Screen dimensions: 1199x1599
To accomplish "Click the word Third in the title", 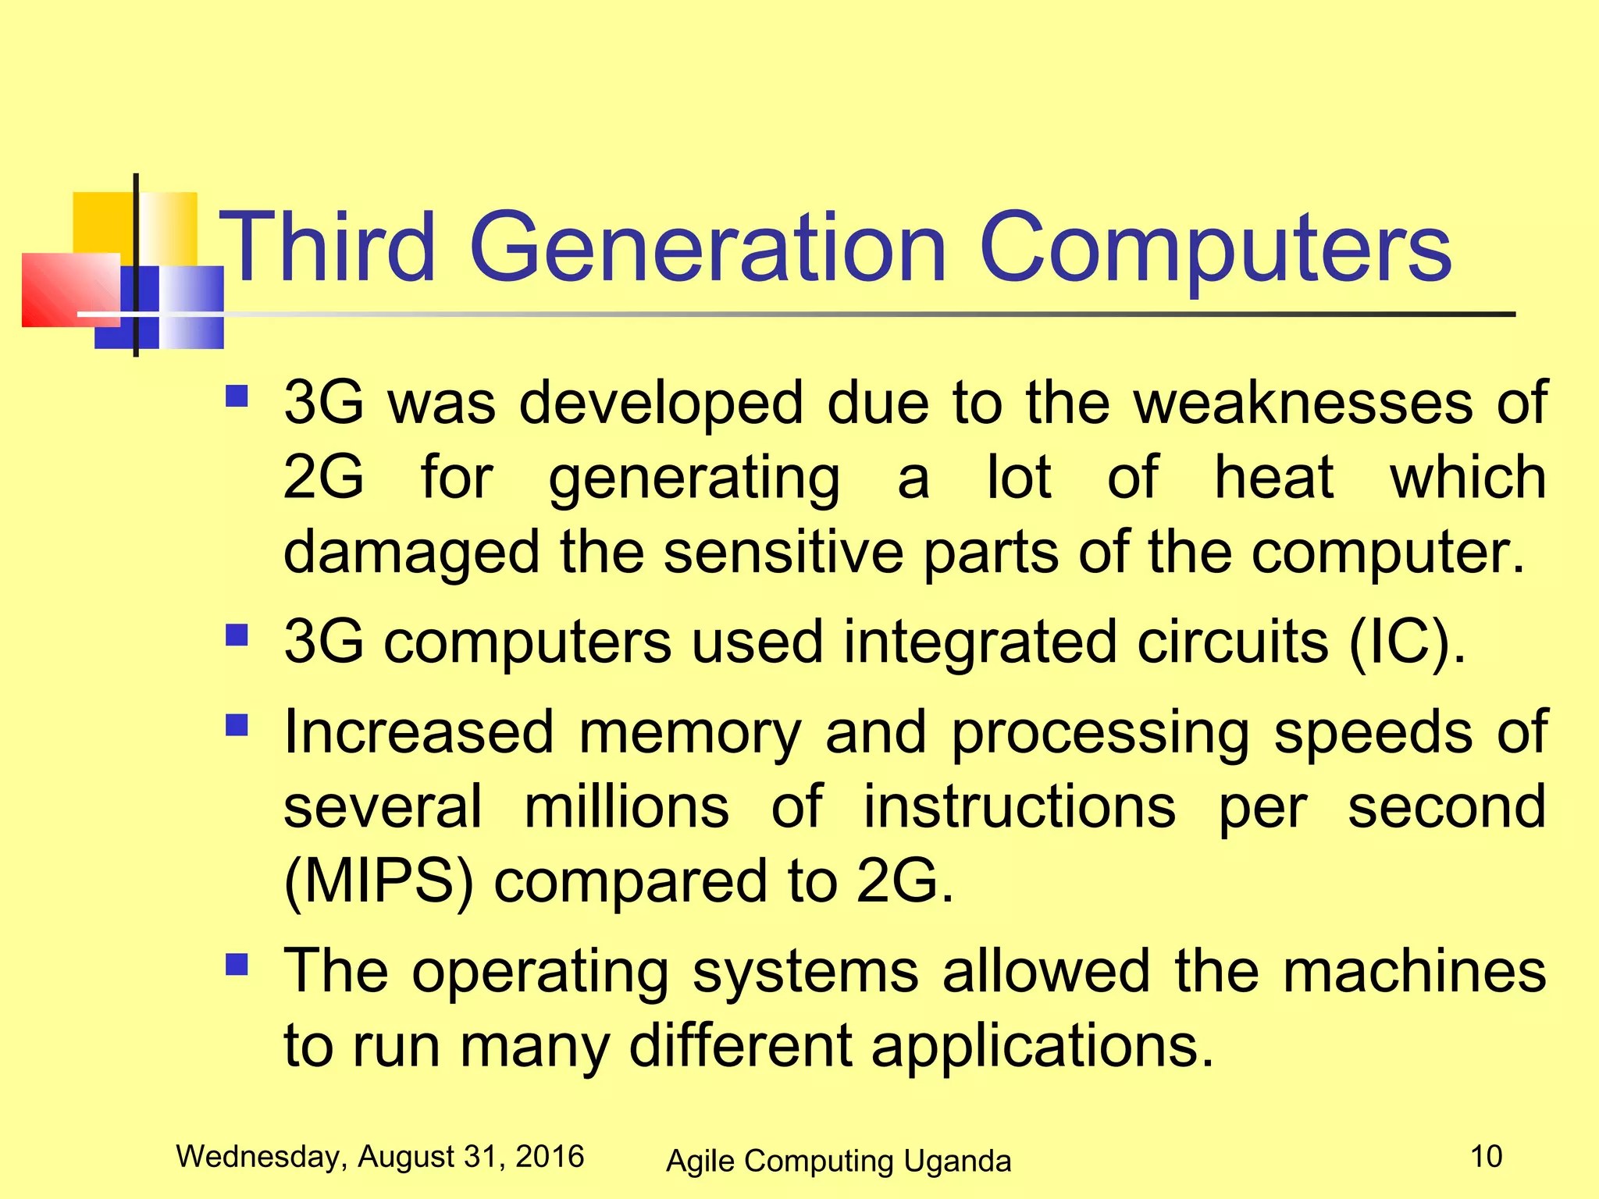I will click(x=326, y=248).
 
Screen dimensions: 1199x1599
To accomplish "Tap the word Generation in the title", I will click(x=707, y=248).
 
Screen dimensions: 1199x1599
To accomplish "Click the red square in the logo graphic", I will click(x=69, y=289).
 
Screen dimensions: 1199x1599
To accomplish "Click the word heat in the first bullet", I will click(x=1274, y=477).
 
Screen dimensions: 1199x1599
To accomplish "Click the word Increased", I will click(x=418, y=732).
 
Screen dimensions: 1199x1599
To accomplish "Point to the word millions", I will click(x=627, y=806).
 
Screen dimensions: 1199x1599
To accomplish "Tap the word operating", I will click(x=540, y=973).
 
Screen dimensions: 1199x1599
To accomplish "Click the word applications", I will click(x=1043, y=1046).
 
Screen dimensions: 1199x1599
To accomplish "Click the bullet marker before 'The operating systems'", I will click(x=236, y=966).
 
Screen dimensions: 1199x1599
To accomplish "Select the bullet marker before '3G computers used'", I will click(x=236, y=635).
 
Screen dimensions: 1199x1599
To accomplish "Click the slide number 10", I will click(x=1486, y=1156).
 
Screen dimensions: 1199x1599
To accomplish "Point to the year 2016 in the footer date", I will click(x=550, y=1156).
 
